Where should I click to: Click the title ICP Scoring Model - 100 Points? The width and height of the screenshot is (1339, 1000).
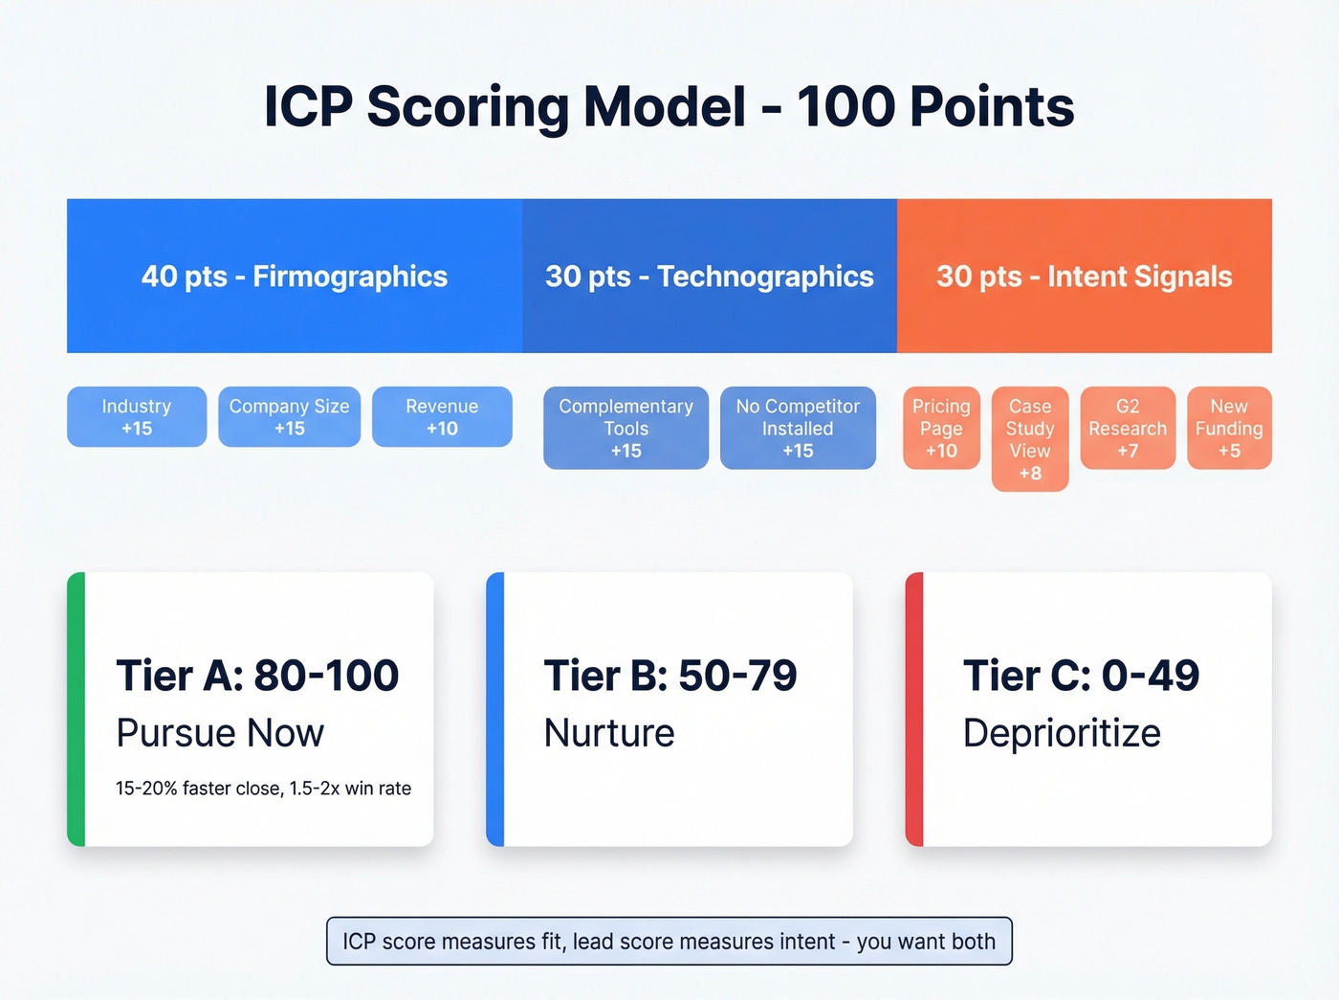click(669, 106)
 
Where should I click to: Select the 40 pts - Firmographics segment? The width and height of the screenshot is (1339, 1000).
click(295, 277)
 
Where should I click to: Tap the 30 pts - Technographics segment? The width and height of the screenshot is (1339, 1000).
click(709, 277)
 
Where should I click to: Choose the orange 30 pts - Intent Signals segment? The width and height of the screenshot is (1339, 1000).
click(1084, 277)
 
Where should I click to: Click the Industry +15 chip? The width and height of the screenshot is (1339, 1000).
click(137, 417)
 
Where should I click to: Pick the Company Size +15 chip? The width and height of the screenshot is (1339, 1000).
click(289, 417)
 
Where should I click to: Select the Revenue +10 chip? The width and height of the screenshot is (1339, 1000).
click(442, 417)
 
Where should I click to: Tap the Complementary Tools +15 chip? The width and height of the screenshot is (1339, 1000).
click(626, 428)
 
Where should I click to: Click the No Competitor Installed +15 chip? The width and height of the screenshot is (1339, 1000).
click(798, 428)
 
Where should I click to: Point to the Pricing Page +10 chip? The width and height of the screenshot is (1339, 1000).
click(941, 428)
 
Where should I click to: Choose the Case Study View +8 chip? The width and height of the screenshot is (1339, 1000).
click(1030, 439)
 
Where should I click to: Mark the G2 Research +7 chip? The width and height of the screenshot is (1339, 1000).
click(1128, 428)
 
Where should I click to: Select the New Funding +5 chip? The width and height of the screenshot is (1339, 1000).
click(1229, 428)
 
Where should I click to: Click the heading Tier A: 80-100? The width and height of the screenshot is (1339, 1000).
click(257, 676)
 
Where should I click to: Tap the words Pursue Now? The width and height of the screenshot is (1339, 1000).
click(220, 733)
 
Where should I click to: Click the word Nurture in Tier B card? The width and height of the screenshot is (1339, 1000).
click(609, 733)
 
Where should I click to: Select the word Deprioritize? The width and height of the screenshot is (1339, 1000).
click(1062, 733)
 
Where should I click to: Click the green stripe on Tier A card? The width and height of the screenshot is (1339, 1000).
click(76, 709)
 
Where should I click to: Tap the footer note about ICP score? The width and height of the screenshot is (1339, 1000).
click(669, 942)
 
